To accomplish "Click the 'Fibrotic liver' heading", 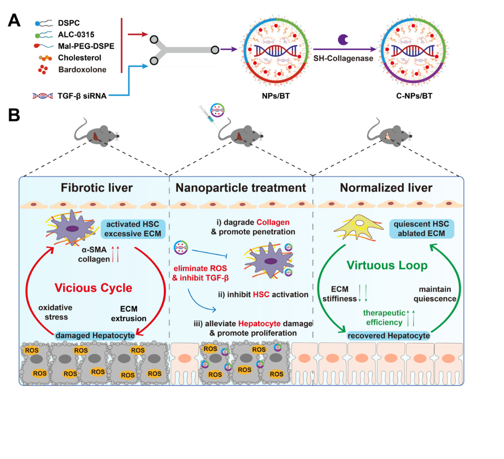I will click(97, 188).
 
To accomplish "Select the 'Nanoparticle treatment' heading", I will click(240, 188).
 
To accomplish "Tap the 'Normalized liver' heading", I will click(386, 188).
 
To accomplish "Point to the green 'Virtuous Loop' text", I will click(387, 265).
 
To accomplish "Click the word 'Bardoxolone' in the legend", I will click(82, 70).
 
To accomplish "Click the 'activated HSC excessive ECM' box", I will click(132, 229).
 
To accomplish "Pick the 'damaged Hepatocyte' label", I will click(95, 335).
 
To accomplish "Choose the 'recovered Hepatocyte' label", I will click(389, 335).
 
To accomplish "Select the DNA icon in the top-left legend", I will click(43, 95).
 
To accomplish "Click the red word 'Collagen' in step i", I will click(273, 222).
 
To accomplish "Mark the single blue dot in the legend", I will click(37, 23).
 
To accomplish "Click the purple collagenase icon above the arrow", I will click(345, 39).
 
